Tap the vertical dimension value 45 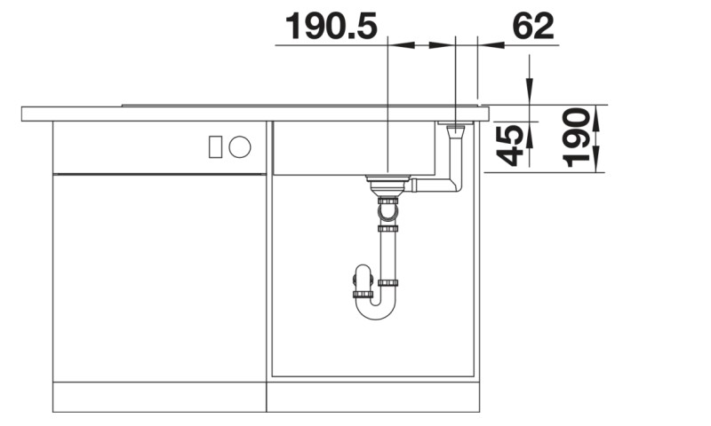[509, 144]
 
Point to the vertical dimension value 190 [577, 138]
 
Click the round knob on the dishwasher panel [239, 147]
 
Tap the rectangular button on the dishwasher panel [215, 147]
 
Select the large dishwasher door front [159, 277]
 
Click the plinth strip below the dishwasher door [159, 397]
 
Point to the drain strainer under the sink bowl [387, 184]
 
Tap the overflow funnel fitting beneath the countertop [455, 133]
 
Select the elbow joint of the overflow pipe [455, 185]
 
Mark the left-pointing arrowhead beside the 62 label [489, 44]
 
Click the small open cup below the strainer [387, 212]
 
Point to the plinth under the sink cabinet [373, 397]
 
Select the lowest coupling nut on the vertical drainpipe [387, 283]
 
